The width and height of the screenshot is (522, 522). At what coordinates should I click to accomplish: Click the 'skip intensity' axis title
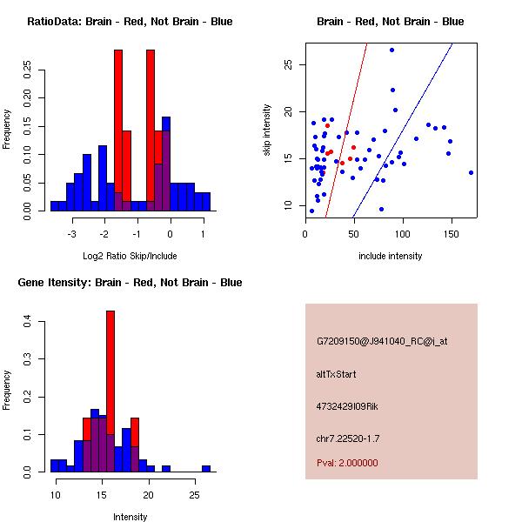[x=268, y=130]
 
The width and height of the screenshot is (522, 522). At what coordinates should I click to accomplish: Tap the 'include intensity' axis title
[x=390, y=256]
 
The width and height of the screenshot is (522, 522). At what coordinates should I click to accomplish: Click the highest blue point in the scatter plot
[x=392, y=50]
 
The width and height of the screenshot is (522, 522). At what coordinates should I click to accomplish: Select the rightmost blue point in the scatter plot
[x=471, y=172]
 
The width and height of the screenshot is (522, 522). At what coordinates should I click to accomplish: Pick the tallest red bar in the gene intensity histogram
[x=110, y=391]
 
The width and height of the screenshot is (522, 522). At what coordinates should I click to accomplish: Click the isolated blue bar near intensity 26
[x=206, y=468]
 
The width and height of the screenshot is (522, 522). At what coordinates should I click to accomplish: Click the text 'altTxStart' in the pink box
[x=337, y=374]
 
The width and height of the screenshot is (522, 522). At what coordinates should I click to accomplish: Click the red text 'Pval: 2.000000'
[x=347, y=463]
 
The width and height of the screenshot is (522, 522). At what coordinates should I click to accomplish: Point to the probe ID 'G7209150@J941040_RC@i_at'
[x=382, y=342]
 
